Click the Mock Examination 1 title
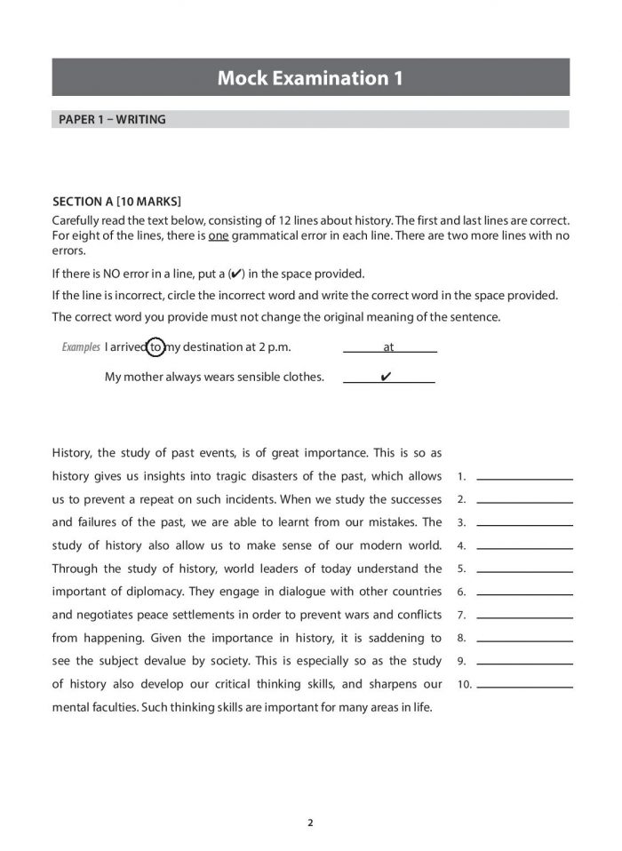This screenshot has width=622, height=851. (310, 78)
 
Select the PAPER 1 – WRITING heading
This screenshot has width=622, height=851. (112, 119)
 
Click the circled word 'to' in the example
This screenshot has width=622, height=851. (156, 347)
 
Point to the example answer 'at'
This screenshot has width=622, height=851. (388, 347)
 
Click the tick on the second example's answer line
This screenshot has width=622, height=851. (386, 377)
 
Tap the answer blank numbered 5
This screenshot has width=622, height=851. (524, 569)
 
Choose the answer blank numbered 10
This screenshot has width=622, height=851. (524, 684)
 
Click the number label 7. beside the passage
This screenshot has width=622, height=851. (461, 615)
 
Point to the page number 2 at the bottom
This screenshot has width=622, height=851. (310, 822)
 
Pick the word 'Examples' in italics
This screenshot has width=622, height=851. (81, 347)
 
